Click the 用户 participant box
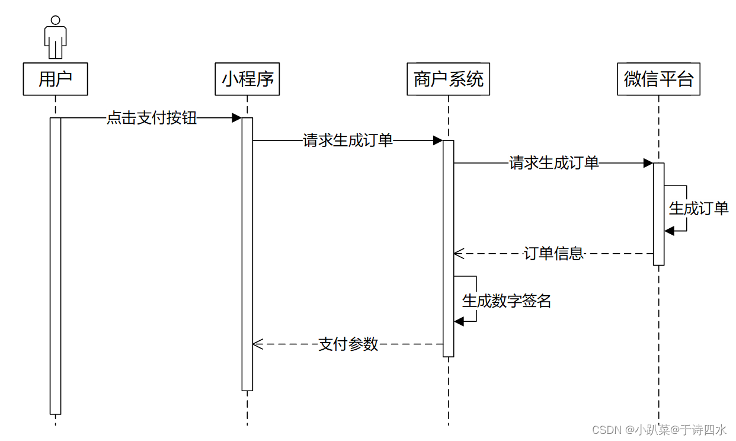55,79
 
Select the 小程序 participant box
247,79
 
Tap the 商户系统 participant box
449,79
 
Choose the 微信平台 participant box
658,79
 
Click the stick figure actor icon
55,37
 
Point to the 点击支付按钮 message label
151,118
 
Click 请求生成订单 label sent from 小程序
348,140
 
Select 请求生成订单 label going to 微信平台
554,163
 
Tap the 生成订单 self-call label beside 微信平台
699,208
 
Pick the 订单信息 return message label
554,254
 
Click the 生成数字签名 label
507,301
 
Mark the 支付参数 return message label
348,344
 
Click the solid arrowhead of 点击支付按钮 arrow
237,118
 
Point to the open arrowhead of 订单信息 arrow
457,254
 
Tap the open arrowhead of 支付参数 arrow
256,344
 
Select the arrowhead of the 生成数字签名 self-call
458,321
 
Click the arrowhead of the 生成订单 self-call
668,231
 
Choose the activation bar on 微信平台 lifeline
658,213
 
